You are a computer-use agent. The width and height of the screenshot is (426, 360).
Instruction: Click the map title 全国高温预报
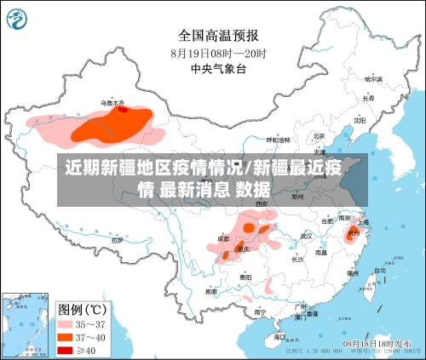point(218,35)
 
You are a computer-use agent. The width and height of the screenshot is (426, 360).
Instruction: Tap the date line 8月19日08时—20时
point(218,53)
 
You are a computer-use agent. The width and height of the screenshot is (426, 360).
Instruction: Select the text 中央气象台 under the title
point(218,69)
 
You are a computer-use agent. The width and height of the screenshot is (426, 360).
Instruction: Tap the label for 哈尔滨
point(373,79)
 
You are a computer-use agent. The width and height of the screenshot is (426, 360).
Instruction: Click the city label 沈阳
point(360,121)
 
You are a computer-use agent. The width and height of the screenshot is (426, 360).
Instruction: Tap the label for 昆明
point(210,291)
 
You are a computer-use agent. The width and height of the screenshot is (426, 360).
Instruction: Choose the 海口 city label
point(279,337)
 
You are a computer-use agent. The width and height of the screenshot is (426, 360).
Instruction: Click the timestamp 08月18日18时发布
point(382,341)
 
